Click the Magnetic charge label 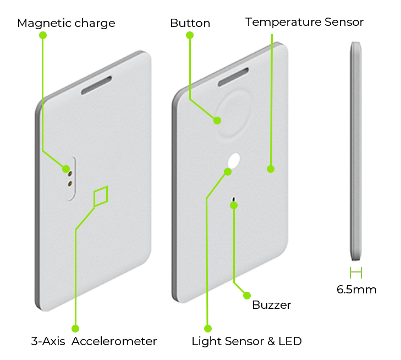66,23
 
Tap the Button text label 190,23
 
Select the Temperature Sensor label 304,22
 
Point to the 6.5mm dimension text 356,290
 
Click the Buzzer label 272,305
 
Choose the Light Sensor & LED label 247,341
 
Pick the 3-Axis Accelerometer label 94,341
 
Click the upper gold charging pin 70,174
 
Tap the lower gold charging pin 69,183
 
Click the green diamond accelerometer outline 101,197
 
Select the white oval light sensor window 234,160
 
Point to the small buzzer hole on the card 233,199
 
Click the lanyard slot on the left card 96,85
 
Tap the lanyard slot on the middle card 233,77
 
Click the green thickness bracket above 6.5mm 356,272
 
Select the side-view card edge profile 356,151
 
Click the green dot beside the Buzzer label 247,296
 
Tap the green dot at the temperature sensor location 271,169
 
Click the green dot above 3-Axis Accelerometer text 75,328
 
